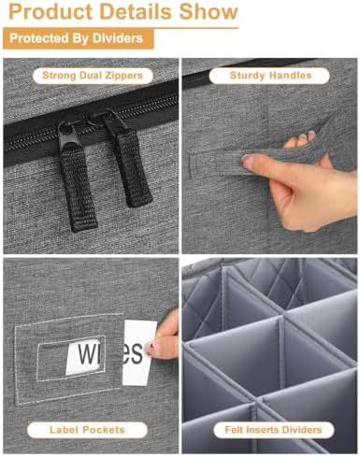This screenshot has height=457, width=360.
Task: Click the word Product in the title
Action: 50,11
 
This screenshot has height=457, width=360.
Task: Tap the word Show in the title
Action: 209,11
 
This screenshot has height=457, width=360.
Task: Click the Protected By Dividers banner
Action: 79,38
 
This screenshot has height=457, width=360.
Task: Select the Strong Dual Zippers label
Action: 93,76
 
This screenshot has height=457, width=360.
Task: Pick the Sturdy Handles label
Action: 270,76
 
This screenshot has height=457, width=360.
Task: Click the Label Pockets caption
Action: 87,430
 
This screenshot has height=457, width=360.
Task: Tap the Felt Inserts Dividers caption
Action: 273,430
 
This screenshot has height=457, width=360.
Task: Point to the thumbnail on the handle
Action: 248,162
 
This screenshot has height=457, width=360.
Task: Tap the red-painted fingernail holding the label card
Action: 151,345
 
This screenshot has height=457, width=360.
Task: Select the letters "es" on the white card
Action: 132,353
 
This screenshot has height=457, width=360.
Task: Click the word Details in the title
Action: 136,11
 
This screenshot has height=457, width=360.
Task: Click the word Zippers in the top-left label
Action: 123,76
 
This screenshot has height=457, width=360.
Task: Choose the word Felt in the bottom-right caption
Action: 234,430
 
